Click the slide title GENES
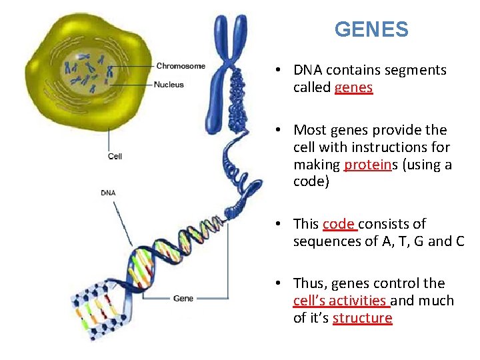371,29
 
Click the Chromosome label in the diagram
181,66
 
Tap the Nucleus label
169,85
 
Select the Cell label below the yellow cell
115,157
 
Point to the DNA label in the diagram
108,193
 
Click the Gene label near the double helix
183,298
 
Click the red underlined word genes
353,87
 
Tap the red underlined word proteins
366,165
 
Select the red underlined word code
338,224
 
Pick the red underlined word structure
362,318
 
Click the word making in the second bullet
317,165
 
